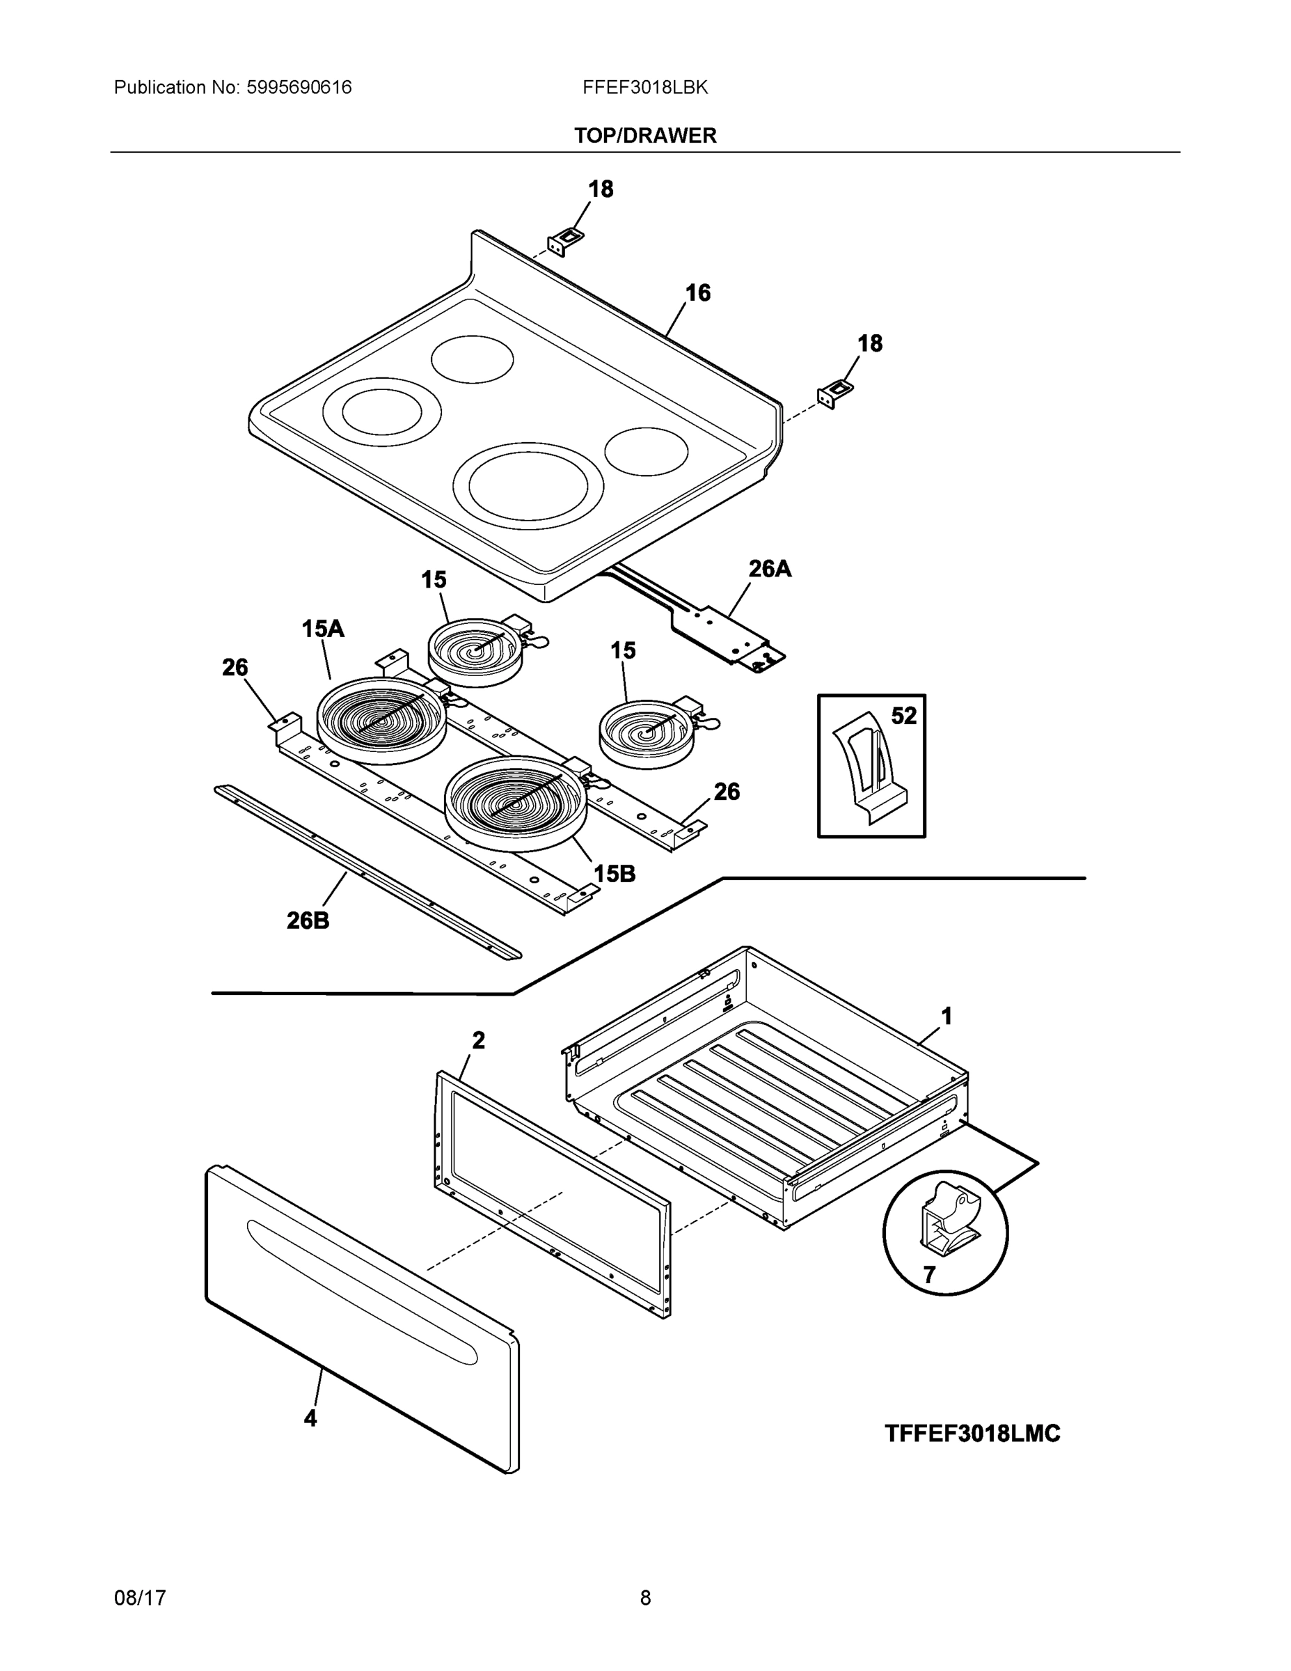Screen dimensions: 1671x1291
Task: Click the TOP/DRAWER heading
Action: tap(644, 136)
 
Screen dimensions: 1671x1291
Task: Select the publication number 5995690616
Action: tap(299, 87)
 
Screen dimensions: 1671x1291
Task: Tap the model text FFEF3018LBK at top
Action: tap(644, 87)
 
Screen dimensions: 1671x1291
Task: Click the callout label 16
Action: tap(697, 292)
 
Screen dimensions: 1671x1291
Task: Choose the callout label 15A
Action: tap(322, 629)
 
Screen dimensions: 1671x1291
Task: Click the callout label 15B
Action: tap(614, 874)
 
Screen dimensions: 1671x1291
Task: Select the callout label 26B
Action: tap(308, 920)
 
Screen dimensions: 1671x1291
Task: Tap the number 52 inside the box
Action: tap(903, 716)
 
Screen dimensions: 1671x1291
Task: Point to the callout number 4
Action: tap(310, 1418)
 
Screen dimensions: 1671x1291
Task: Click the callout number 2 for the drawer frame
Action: tap(478, 1041)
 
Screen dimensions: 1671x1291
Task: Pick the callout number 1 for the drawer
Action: tap(946, 1016)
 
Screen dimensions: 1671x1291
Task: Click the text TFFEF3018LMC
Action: tap(972, 1434)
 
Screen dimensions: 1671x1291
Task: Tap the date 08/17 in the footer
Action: tap(140, 1598)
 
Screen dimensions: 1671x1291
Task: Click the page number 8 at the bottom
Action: tap(644, 1598)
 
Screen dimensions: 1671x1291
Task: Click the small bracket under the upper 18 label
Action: tap(564, 242)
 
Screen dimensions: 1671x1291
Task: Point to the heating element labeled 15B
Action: tap(516, 803)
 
